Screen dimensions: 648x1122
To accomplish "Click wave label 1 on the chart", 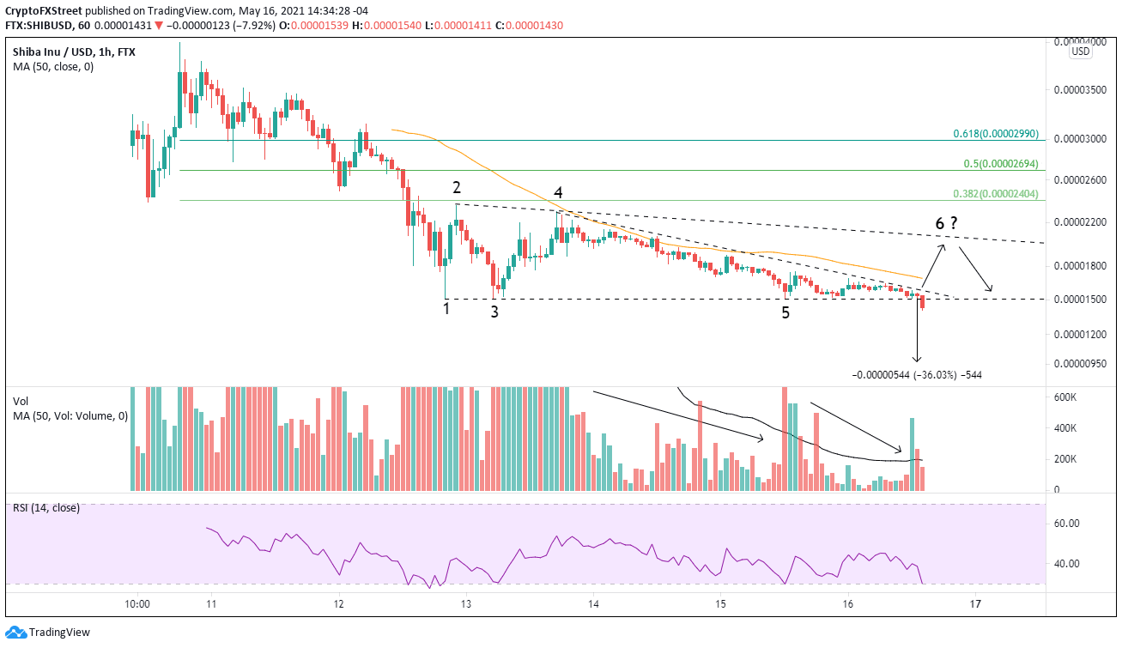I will (x=446, y=309).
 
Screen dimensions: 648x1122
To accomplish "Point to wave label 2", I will (x=458, y=187).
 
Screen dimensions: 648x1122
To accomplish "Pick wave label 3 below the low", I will (x=494, y=312).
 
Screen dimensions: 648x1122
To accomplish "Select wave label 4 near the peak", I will (x=558, y=192).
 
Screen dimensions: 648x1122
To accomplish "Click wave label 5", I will (x=785, y=313).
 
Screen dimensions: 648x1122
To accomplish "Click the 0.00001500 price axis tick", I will (x=1081, y=300).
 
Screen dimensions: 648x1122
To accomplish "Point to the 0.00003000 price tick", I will (x=1081, y=139).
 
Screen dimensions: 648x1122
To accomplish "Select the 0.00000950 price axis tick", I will (x=1081, y=364).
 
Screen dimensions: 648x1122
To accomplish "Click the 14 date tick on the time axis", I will (x=594, y=603).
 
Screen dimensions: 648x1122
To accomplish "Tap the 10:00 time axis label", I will (x=137, y=603).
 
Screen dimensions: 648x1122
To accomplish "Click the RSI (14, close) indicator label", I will (x=46, y=508).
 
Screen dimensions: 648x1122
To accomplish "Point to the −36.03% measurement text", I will (x=927, y=375).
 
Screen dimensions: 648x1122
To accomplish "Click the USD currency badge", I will (x=1080, y=51).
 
